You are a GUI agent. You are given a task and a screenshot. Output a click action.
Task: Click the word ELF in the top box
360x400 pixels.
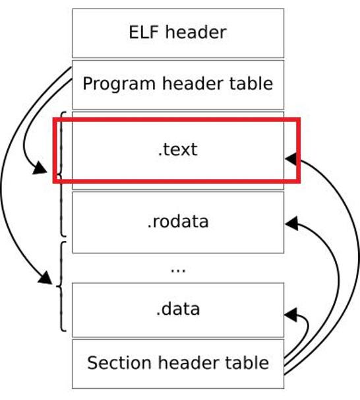(x=144, y=32)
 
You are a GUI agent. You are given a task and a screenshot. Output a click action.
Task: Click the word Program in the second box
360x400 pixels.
(x=119, y=84)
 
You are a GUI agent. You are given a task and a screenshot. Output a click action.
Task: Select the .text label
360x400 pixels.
(x=177, y=149)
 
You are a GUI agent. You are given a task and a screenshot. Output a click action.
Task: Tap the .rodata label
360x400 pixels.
(x=178, y=221)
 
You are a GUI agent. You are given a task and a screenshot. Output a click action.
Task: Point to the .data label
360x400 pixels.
(x=178, y=309)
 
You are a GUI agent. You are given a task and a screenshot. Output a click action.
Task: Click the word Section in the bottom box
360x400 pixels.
(x=119, y=363)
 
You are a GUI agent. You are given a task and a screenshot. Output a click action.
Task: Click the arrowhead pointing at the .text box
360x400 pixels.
(x=291, y=158)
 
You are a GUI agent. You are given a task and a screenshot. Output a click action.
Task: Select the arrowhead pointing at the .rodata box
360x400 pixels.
(x=291, y=224)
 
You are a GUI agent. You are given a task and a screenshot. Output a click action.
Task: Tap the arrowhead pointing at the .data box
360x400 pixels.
(x=291, y=315)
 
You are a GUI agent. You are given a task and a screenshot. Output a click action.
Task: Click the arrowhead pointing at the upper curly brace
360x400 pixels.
(x=40, y=168)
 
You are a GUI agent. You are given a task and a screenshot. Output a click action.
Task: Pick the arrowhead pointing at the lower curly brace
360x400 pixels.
(x=45, y=278)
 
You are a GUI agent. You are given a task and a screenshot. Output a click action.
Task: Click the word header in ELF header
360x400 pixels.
(x=196, y=32)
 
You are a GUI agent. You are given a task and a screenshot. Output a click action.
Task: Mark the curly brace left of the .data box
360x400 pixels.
(x=61, y=286)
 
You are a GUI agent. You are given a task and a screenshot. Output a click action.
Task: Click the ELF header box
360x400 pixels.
(x=178, y=33)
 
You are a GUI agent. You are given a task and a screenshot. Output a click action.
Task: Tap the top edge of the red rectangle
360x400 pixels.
(x=177, y=119)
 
